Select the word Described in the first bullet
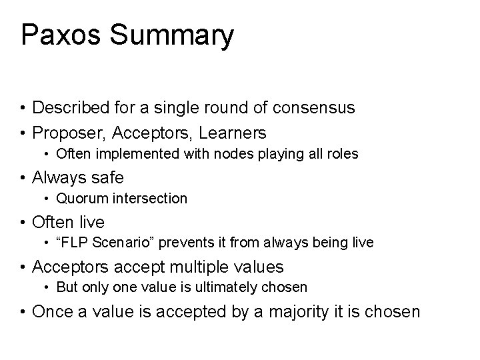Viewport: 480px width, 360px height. [72, 107]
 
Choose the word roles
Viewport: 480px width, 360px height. [341, 154]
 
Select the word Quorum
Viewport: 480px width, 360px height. [79, 199]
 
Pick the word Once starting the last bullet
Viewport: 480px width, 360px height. [53, 311]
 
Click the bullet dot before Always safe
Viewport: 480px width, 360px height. [23, 177]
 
